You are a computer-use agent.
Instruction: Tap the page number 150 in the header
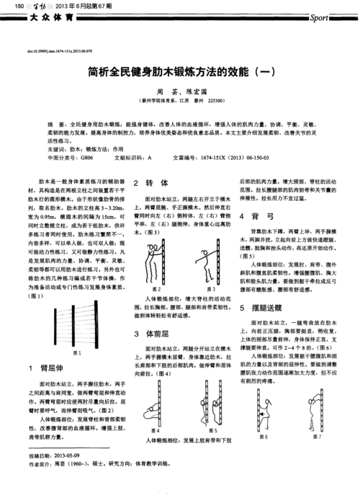tap(10, 5)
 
